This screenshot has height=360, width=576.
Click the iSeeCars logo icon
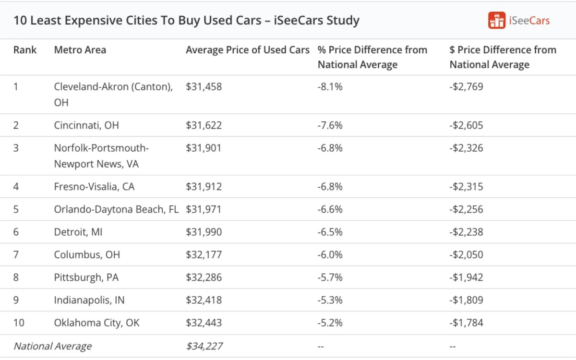(x=497, y=20)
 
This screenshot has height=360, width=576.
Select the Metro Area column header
(x=80, y=50)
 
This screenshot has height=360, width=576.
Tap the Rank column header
(x=25, y=50)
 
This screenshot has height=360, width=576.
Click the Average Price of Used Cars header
(x=247, y=50)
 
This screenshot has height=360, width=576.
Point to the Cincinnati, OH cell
(x=86, y=125)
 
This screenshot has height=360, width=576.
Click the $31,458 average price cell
(x=204, y=87)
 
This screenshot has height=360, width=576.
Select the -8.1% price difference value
(x=330, y=87)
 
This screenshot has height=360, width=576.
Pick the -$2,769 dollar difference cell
(x=466, y=87)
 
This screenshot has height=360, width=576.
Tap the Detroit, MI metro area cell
(x=78, y=232)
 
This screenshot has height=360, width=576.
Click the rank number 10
(x=19, y=323)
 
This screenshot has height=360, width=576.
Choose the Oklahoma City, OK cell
(x=96, y=323)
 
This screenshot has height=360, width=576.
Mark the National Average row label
(x=52, y=346)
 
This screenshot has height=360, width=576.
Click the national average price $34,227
(x=204, y=346)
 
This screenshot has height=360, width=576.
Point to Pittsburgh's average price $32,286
(x=204, y=277)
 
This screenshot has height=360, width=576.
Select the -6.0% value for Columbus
(x=330, y=255)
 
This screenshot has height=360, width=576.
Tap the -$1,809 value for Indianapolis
(x=466, y=300)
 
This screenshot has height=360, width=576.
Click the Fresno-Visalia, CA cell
(x=94, y=187)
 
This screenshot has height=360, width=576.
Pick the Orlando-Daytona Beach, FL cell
(x=116, y=209)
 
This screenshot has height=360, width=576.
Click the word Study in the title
(x=342, y=21)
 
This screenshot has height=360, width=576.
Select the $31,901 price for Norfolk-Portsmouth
(x=204, y=148)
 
